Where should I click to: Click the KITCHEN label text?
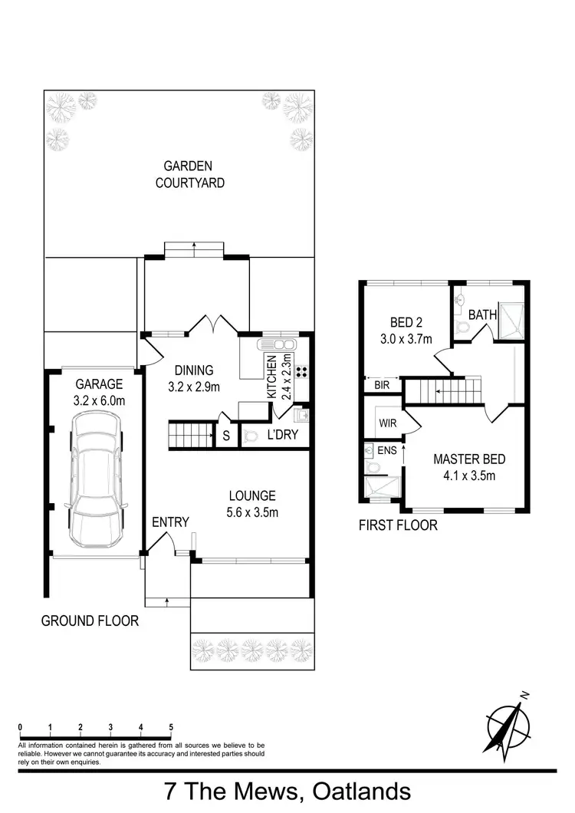(271, 378)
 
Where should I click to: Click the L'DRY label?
(283, 436)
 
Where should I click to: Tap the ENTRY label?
(170, 522)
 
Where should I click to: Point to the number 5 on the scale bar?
(171, 726)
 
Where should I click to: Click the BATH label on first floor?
(482, 314)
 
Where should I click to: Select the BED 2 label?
(397, 323)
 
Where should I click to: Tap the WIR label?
(386, 421)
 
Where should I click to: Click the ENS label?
(387, 450)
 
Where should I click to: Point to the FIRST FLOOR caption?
(398, 525)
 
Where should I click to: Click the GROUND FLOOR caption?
(90, 620)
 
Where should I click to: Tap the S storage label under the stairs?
(226, 436)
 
